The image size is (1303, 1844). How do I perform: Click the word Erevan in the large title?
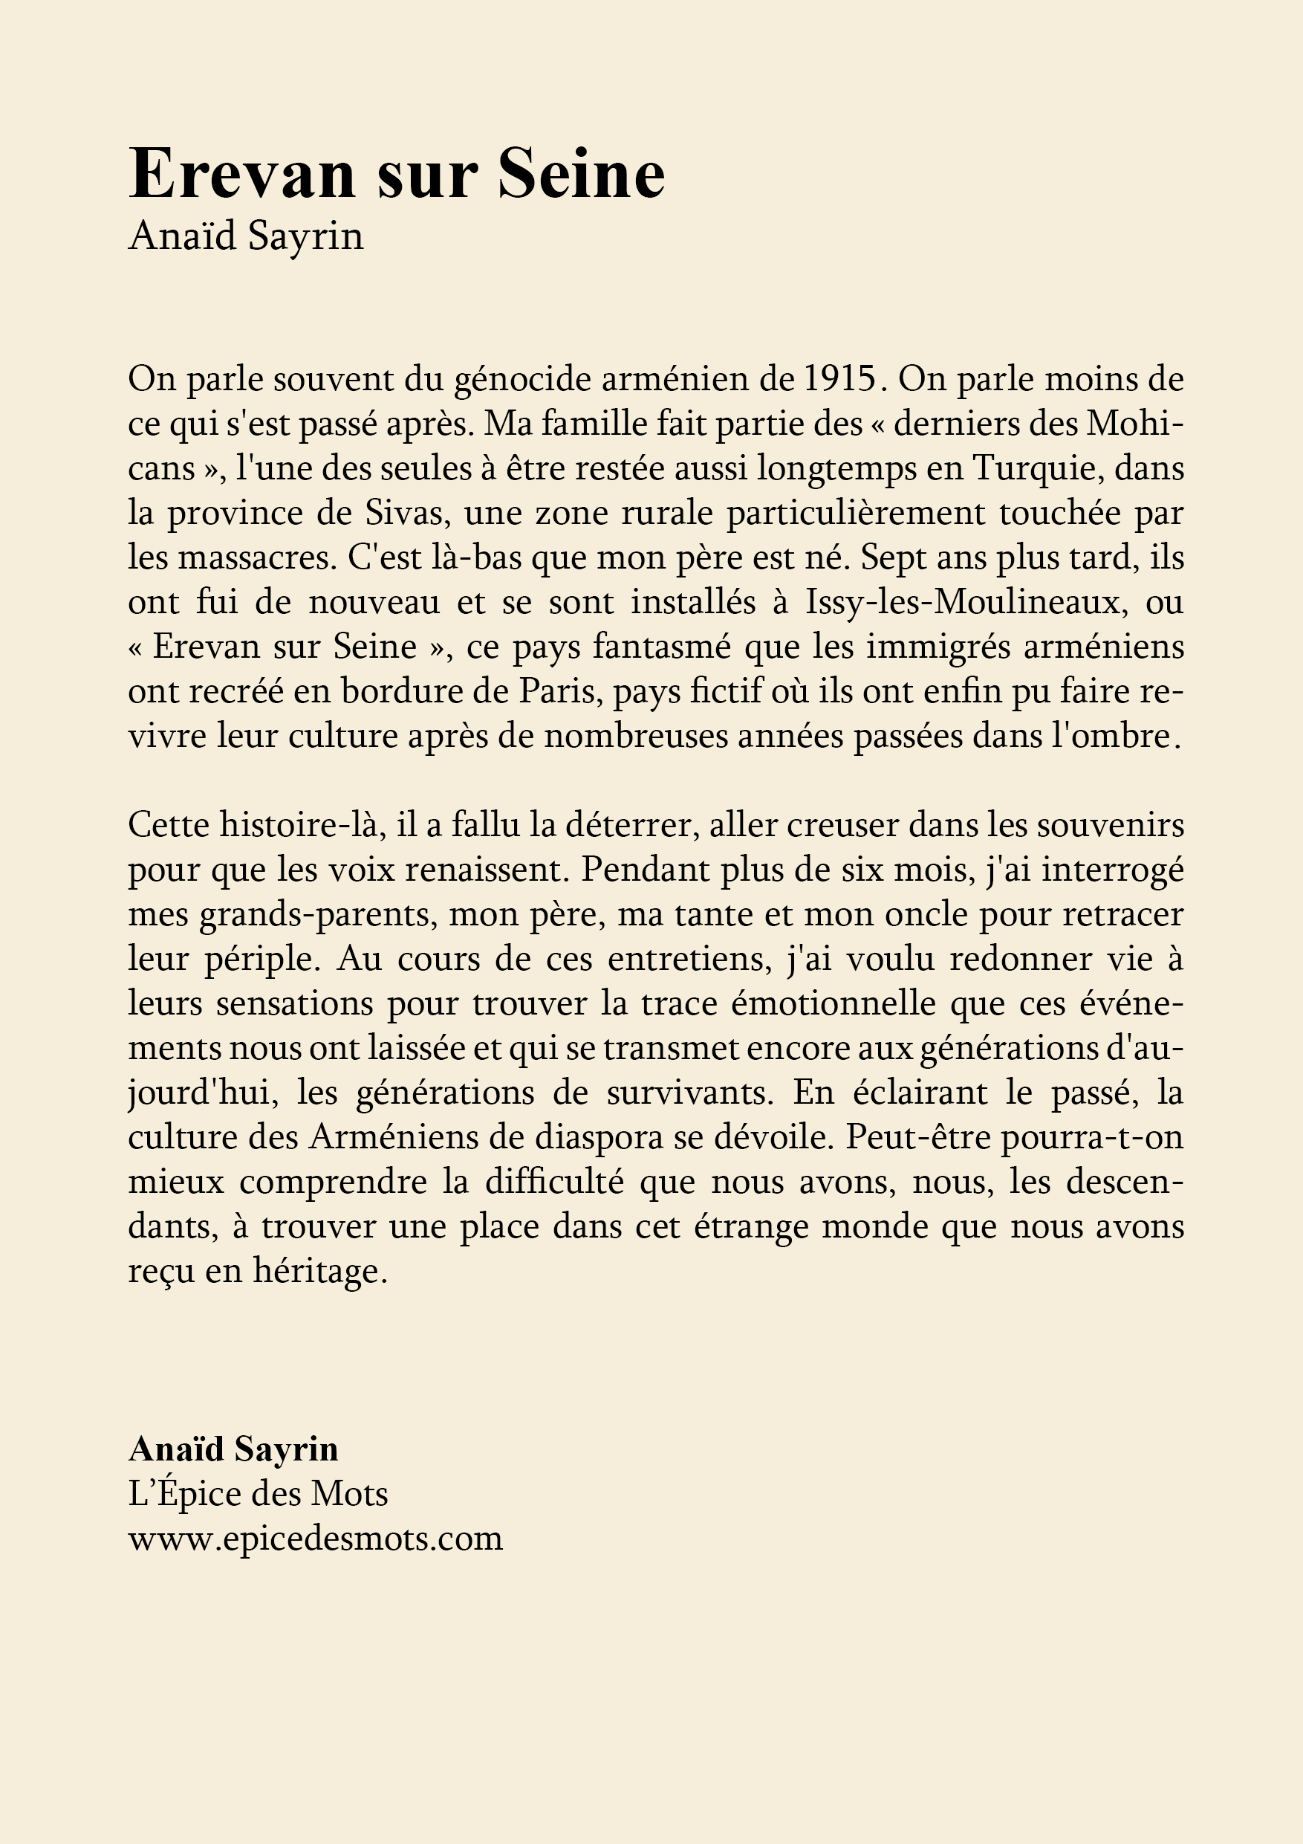(x=241, y=174)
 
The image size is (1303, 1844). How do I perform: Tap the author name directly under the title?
(x=246, y=237)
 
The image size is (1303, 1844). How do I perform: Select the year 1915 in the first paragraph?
(x=837, y=379)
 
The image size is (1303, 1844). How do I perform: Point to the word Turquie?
(x=1035, y=468)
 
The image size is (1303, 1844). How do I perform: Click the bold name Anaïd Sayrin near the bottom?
(x=233, y=1449)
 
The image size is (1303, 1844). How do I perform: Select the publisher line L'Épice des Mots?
(x=258, y=1494)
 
